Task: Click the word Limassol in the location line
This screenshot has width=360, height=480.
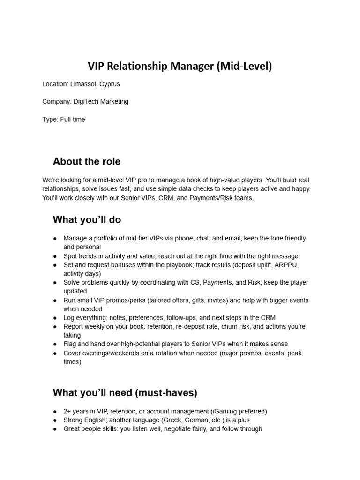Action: click(83, 84)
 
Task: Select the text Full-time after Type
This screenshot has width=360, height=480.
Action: click(73, 120)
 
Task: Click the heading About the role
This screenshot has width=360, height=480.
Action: click(87, 162)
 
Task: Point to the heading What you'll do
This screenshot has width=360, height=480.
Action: click(87, 220)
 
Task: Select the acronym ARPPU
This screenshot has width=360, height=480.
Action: click(285, 265)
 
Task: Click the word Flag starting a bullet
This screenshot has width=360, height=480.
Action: click(70, 344)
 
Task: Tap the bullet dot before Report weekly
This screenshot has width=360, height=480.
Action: click(56, 326)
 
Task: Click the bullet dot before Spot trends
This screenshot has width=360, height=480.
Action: click(56, 256)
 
